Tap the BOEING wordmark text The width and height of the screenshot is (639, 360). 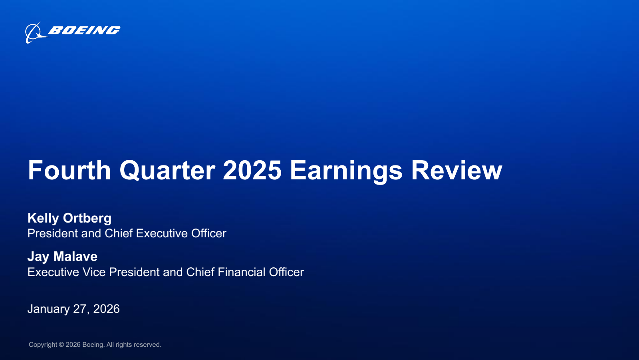pyautogui.click(x=84, y=30)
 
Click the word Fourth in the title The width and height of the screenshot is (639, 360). pyautogui.click(x=69, y=170)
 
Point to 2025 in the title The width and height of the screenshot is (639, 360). pyautogui.click(x=252, y=170)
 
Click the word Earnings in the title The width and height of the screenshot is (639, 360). pyautogui.click(x=346, y=171)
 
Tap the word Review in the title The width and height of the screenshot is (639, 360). pyautogui.click(x=456, y=170)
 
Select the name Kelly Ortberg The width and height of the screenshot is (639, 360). pyautogui.click(x=69, y=219)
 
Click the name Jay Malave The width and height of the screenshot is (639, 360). pyautogui.click(x=62, y=257)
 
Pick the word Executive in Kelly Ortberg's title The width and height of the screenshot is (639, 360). pyautogui.click(x=161, y=233)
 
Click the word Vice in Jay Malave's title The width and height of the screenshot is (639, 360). pyautogui.click(x=94, y=272)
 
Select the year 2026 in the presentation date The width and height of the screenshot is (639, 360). pyautogui.click(x=106, y=309)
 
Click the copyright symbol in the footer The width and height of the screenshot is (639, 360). pyautogui.click(x=62, y=345)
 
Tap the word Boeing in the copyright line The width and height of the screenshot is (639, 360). pyautogui.click(x=93, y=345)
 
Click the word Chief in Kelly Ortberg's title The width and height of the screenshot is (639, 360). pyautogui.click(x=119, y=233)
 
